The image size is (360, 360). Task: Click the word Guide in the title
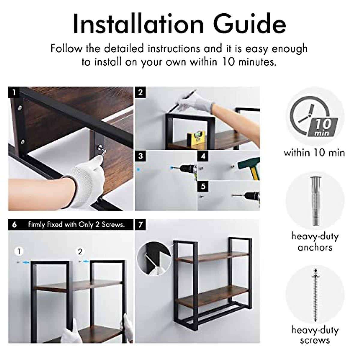coord(250,24)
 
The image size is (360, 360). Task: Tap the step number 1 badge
coord(13,92)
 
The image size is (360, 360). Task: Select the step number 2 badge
coord(140,92)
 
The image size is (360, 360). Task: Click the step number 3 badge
coord(140,156)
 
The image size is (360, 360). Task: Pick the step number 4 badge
coord(203,156)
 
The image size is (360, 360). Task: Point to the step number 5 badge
coord(203,186)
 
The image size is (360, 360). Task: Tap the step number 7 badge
coord(140,224)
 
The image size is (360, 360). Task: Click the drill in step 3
coord(187,170)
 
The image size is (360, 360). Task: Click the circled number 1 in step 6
coord(19,251)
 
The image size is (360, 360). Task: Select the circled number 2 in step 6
coord(80,251)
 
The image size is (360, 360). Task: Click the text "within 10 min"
coord(314,153)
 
